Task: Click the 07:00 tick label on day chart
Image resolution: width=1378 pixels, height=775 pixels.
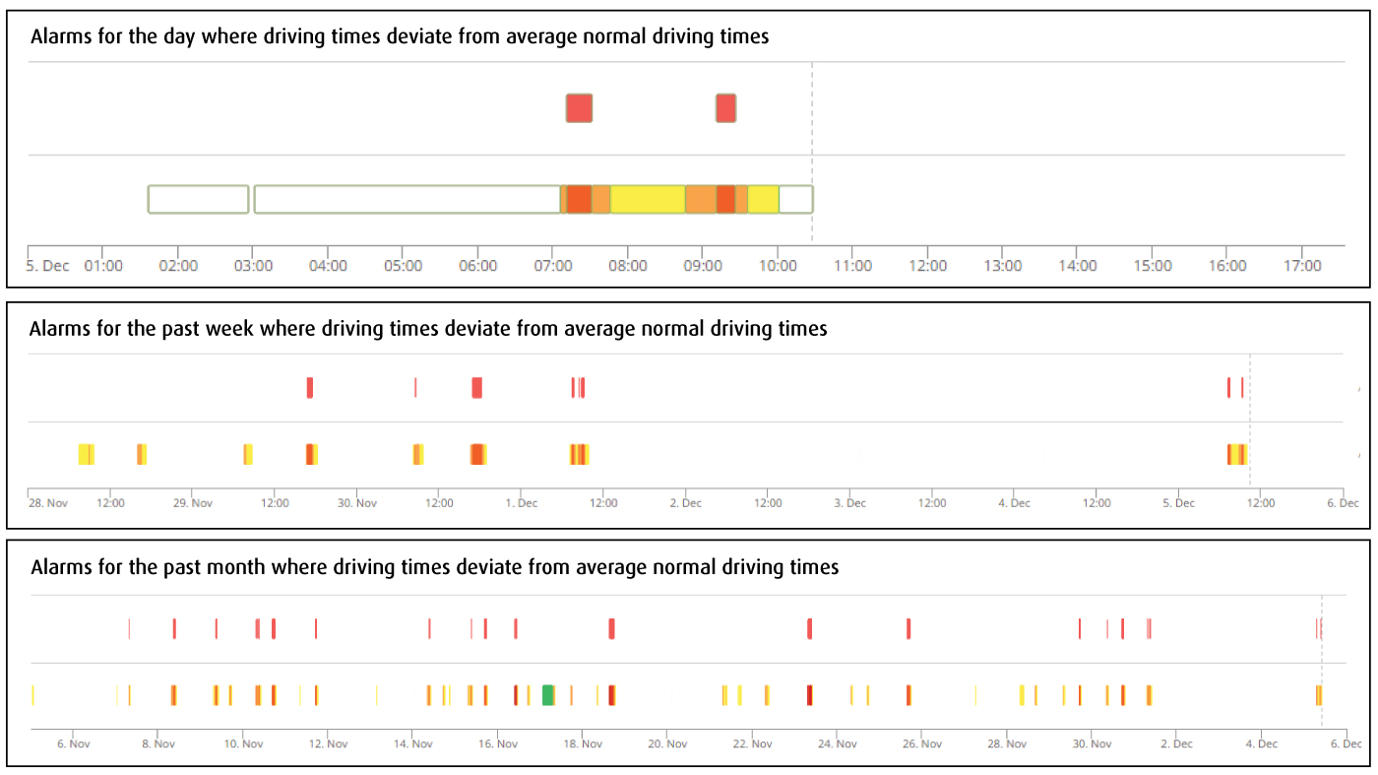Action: (553, 266)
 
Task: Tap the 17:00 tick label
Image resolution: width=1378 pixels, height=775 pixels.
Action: (1303, 266)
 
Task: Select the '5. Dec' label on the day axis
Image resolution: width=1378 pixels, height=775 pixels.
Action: (48, 266)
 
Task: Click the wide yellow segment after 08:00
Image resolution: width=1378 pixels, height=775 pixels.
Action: (647, 199)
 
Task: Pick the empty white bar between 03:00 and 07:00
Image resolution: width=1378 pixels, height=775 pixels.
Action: (407, 199)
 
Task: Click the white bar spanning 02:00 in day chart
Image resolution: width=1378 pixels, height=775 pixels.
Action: (198, 199)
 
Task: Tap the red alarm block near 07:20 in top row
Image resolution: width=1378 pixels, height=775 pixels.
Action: (579, 108)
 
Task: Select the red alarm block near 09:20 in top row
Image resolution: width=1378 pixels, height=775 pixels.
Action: (725, 108)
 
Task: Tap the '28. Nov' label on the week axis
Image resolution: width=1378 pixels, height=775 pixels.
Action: (48, 503)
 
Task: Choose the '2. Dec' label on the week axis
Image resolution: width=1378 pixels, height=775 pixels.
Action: (686, 503)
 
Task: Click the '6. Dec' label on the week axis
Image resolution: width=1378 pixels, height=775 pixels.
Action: (1343, 503)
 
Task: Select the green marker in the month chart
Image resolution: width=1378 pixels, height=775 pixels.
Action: (548, 695)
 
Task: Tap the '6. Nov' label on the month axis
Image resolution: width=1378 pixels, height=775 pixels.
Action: (74, 744)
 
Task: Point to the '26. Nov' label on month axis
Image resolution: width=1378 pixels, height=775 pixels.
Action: (922, 744)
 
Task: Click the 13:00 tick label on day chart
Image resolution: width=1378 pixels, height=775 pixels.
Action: (1003, 266)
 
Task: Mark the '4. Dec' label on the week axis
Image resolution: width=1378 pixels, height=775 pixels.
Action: (1015, 503)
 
